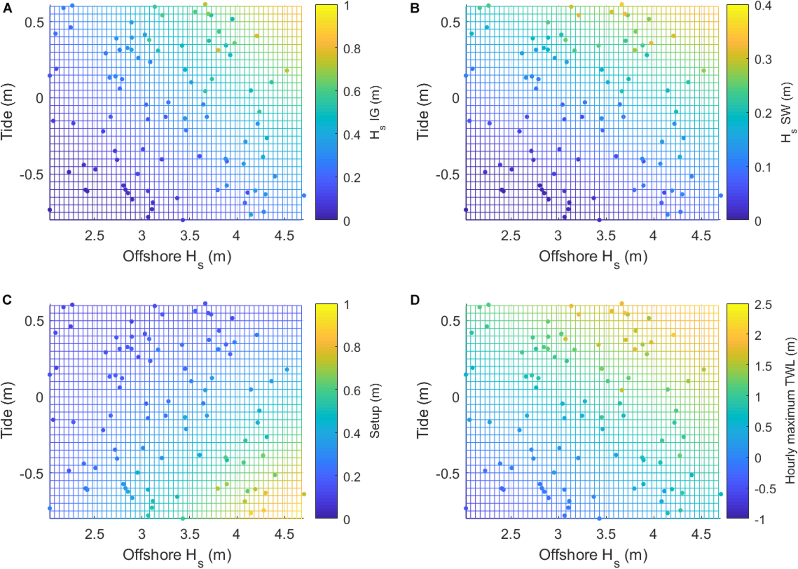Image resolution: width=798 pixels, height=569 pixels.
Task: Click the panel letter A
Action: click(x=7, y=8)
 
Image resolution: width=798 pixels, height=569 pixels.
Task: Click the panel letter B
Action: click(x=415, y=8)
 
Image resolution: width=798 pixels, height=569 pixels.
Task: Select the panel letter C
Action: click(x=7, y=300)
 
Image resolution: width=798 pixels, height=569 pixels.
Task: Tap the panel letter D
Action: click(x=415, y=300)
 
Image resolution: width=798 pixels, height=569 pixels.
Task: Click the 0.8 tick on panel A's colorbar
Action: click(x=352, y=49)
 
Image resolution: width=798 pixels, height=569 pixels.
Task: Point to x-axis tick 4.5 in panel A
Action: click(x=284, y=236)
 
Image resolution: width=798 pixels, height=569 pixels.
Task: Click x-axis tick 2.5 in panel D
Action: click(x=510, y=534)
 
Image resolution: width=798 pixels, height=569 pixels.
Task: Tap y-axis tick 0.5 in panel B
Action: click(x=450, y=22)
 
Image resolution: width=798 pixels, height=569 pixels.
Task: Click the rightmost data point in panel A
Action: click(x=304, y=196)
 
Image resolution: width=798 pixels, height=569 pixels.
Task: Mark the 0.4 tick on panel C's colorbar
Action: click(x=352, y=433)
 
